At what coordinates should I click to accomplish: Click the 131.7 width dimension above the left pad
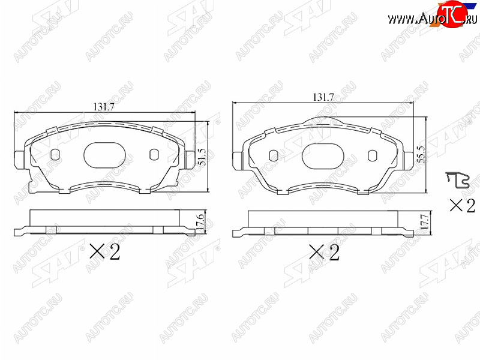click(x=104, y=107)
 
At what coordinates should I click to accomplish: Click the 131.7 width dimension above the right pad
click(x=323, y=97)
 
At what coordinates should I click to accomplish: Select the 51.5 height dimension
click(x=202, y=157)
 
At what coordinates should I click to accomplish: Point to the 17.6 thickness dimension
click(x=200, y=223)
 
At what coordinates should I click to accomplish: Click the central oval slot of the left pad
click(x=104, y=155)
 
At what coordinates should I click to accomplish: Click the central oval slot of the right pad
click(x=323, y=155)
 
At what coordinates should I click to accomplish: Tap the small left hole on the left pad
click(x=55, y=155)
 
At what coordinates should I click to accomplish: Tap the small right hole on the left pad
click(x=154, y=155)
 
